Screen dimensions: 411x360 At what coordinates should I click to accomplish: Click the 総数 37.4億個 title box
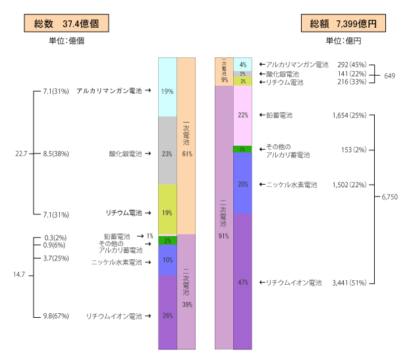click(67, 23)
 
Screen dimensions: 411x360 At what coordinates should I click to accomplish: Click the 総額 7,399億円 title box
click(343, 23)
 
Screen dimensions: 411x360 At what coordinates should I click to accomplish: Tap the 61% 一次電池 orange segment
click(186, 146)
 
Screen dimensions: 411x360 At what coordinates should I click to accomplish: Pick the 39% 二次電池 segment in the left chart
click(186, 292)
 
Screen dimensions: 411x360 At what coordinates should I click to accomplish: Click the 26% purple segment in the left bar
click(167, 313)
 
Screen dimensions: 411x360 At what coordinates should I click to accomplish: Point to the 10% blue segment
click(167, 260)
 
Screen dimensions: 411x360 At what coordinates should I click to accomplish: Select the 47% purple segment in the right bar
click(243, 282)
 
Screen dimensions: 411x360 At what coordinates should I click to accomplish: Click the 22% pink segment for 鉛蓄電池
click(243, 116)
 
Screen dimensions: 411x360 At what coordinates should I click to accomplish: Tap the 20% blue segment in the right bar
click(243, 183)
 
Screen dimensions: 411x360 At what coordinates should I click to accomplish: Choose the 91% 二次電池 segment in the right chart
click(224, 218)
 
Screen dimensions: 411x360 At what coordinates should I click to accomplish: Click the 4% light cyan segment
click(243, 65)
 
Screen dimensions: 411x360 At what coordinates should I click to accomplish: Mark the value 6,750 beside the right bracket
click(389, 196)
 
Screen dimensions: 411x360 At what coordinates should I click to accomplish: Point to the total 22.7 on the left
click(21, 154)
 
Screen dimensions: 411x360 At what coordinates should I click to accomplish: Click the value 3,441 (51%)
click(349, 283)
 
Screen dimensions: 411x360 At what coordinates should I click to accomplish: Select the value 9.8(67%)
click(56, 316)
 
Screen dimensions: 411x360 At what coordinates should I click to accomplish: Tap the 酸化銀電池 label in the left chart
click(126, 154)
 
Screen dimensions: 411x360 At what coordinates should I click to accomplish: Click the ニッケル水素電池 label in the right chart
click(292, 185)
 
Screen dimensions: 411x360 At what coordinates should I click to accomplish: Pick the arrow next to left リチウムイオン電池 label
click(148, 316)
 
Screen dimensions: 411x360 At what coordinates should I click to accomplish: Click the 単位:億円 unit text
click(343, 41)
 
